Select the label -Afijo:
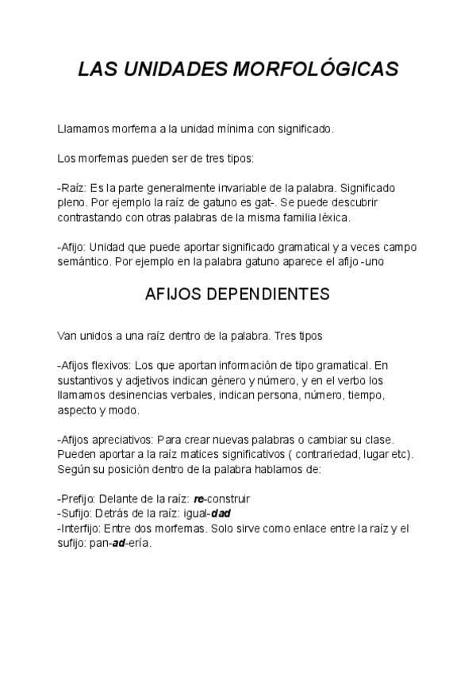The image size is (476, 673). click(x=74, y=247)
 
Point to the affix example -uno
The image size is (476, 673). click(x=377, y=261)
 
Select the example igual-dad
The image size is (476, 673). click(x=213, y=513)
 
